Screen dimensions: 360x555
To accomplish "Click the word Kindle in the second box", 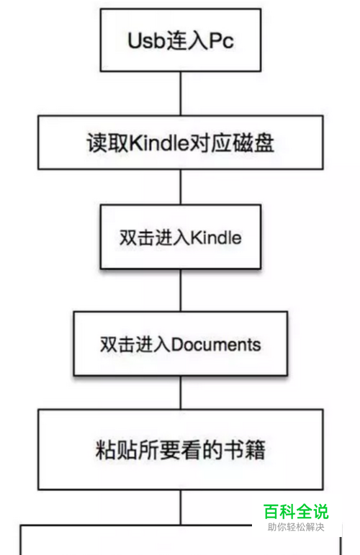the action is [x=159, y=143].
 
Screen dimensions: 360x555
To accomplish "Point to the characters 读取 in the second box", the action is [x=108, y=143].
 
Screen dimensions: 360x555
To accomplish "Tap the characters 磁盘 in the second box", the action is [x=253, y=143].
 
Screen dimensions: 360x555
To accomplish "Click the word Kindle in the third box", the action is [x=216, y=237].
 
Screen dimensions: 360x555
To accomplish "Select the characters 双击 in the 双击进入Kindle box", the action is [x=137, y=237].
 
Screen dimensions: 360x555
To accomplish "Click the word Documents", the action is [x=216, y=344].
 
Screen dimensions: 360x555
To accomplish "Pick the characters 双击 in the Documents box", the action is [x=118, y=344].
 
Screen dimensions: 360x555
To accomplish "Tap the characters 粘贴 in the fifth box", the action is [x=117, y=450].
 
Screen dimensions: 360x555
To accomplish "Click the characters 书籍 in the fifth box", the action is [x=245, y=450].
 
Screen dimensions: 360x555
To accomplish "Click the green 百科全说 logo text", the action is [x=296, y=512].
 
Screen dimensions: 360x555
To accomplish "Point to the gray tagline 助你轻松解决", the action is [x=296, y=527].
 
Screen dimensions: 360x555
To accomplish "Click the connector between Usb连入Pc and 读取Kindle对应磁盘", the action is [x=181, y=94].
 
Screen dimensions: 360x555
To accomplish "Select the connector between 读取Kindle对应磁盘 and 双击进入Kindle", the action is [x=181, y=187].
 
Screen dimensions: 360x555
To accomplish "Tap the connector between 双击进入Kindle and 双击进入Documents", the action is [x=181, y=290].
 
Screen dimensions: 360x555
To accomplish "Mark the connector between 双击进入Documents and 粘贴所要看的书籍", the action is [x=181, y=392].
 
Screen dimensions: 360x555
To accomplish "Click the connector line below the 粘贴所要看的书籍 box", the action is [x=181, y=507].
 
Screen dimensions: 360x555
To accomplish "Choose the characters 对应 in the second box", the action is [x=210, y=143].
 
